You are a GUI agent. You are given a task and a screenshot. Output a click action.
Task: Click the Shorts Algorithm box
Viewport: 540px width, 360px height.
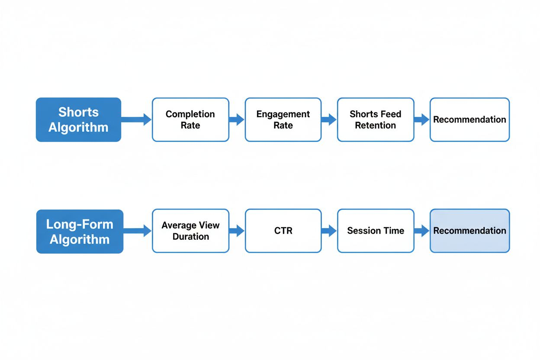pos(78,119)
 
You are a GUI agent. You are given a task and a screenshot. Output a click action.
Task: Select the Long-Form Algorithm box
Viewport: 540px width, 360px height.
pos(80,231)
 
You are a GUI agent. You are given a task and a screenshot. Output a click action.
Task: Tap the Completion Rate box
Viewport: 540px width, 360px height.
pos(190,119)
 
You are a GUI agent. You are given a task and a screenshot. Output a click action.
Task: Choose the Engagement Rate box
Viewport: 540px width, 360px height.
pos(283,119)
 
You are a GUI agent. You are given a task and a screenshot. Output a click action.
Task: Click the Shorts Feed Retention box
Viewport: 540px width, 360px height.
pos(375,119)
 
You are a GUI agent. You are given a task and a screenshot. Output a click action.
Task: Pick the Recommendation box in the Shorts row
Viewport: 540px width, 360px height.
pos(469,119)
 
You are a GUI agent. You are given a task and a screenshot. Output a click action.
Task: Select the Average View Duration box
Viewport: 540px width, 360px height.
pos(190,231)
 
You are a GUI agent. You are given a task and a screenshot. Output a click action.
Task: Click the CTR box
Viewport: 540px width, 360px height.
pos(283,231)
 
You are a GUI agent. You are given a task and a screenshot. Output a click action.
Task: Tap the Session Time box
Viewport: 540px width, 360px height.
pos(375,231)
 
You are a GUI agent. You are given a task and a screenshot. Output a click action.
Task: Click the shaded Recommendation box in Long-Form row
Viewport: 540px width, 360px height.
pos(469,231)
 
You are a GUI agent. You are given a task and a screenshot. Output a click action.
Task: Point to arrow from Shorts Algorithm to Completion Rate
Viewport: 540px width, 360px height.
pos(136,119)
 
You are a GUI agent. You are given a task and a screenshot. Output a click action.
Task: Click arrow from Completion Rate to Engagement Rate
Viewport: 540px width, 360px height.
pos(237,119)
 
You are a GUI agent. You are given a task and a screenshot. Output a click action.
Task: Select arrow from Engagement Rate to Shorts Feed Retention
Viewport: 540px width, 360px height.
pos(329,119)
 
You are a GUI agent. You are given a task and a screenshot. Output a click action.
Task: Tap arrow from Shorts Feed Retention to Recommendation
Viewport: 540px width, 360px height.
pos(421,119)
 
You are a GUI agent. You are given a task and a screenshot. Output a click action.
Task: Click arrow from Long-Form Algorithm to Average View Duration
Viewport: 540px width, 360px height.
pos(138,231)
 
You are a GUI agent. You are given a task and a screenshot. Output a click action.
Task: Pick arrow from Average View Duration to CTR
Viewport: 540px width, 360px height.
pos(237,231)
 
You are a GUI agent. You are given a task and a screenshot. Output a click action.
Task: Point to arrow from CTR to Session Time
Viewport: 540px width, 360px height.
pos(329,231)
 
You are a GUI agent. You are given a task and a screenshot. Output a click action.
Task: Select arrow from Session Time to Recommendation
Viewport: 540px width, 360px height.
pos(421,231)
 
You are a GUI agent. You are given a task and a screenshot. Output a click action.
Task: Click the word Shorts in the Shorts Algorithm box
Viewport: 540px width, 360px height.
pos(78,112)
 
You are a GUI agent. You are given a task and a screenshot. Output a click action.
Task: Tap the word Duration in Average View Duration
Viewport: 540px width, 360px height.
pos(190,237)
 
